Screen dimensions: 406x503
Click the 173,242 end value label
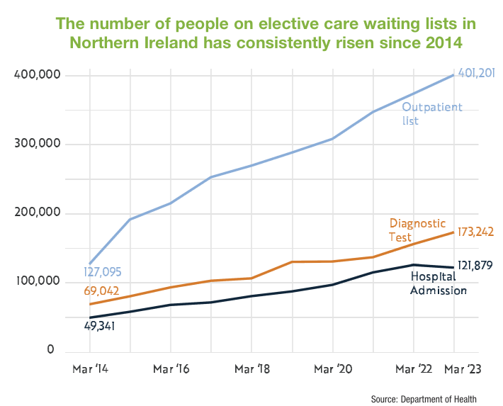click(x=475, y=231)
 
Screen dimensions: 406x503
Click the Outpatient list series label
click(x=431, y=113)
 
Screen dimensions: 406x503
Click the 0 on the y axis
click(x=50, y=351)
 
